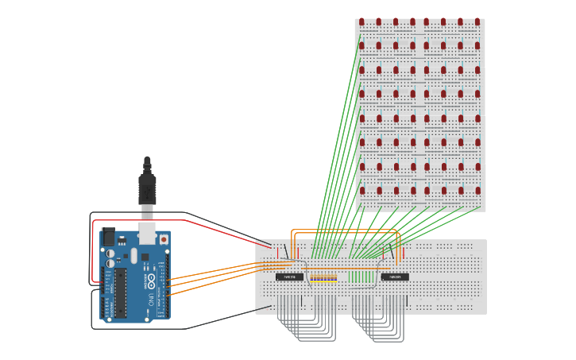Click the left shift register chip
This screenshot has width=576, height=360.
(289, 277)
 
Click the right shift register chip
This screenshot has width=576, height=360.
(395, 277)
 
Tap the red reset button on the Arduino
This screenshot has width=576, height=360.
(164, 238)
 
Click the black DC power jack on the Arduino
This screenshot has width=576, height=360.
(107, 237)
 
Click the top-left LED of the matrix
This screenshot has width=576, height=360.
(361, 21)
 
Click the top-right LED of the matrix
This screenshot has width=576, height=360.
(477, 21)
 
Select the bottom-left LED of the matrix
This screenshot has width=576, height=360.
(361, 191)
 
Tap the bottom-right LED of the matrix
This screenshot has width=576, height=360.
(477, 191)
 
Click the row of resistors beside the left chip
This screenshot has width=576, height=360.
(323, 278)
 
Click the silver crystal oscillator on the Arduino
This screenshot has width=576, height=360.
(133, 256)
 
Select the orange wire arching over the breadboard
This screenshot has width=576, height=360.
(346, 230)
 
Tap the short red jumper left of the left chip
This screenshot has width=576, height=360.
(279, 253)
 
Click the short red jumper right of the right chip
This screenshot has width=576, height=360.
(404, 253)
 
